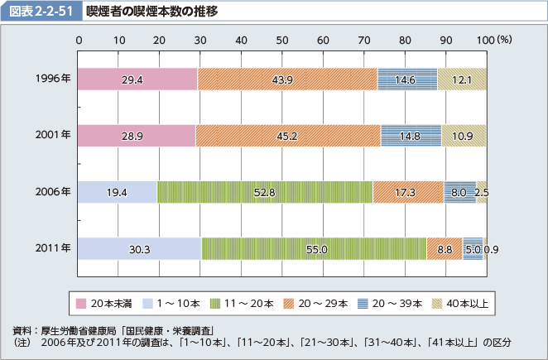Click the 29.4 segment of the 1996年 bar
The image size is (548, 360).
[x=137, y=79]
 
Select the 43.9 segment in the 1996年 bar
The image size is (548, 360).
[x=287, y=79]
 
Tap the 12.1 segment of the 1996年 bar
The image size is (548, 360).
[x=461, y=79]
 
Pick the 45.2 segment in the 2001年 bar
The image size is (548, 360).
[x=287, y=136]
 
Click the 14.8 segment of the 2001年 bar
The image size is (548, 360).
[x=411, y=136]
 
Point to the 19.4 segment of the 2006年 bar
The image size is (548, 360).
[x=117, y=192]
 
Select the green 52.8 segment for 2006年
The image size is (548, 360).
[x=265, y=192]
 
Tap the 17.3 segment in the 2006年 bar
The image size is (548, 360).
[x=408, y=192]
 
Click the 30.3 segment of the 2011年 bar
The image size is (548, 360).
[x=139, y=248]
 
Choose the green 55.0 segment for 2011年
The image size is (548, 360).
[x=314, y=248]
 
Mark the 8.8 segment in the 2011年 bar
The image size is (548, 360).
[x=445, y=248]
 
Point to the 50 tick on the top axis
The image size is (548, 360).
[x=282, y=40]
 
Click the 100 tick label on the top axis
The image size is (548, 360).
[x=485, y=40]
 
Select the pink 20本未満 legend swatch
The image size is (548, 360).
[x=80, y=303]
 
